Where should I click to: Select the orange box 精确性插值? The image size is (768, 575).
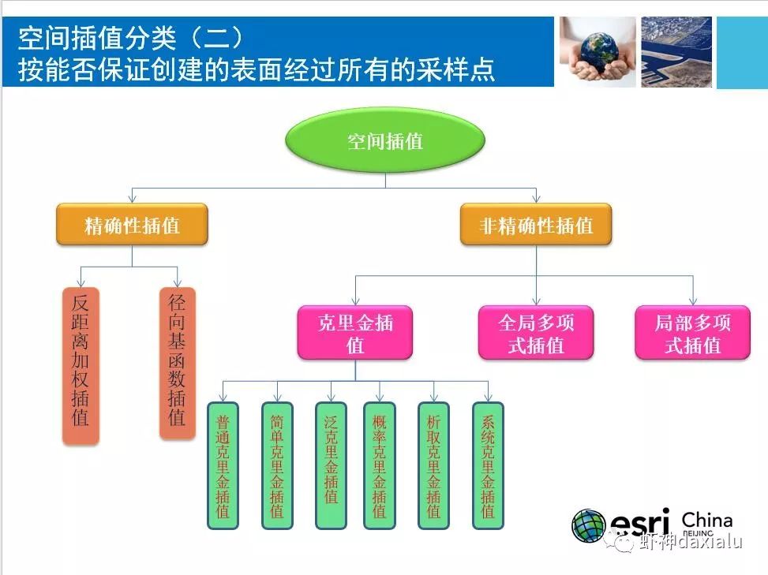[x=132, y=226]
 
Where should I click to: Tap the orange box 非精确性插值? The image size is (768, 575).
[x=536, y=226]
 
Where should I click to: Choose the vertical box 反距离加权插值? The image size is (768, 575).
[x=81, y=365]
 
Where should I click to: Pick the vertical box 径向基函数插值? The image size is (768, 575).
[x=177, y=363]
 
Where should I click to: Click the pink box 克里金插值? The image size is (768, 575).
[x=354, y=333]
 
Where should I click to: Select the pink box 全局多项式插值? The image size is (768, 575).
[x=536, y=333]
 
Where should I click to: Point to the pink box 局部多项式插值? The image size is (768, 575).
[x=692, y=333]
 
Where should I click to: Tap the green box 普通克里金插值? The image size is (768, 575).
[x=223, y=465]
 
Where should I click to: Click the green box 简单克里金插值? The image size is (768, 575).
[x=277, y=465]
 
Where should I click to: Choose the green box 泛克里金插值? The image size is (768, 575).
[x=331, y=465]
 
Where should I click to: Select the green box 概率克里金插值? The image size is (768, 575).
[x=380, y=465]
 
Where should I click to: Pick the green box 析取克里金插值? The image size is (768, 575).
[x=433, y=465]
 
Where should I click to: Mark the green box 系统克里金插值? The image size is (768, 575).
[x=488, y=465]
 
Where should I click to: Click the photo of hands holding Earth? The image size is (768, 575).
[x=598, y=52]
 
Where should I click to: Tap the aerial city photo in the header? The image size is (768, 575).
[x=676, y=52]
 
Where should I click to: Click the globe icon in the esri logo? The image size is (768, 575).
[x=588, y=526]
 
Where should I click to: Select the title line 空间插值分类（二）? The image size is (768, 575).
[x=129, y=36]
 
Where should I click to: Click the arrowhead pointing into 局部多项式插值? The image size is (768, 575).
[x=692, y=301]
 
